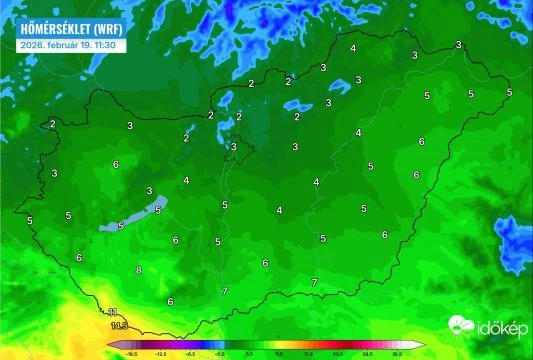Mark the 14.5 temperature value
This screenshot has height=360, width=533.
(119, 326)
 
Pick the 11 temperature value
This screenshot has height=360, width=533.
(113, 312)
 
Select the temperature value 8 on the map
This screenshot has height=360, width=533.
(139, 271)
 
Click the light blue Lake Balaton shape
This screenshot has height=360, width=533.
(128, 221)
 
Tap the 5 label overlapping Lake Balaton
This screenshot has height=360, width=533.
(157, 210)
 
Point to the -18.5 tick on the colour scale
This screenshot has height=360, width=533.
(130, 354)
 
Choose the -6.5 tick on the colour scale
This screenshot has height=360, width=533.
(190, 354)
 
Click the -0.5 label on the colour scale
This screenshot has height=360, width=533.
(220, 354)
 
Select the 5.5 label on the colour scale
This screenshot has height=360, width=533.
(249, 354)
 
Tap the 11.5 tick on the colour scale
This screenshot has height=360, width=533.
(279, 354)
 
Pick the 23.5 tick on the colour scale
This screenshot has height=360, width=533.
(338, 354)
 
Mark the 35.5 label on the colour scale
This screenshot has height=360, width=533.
(397, 354)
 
